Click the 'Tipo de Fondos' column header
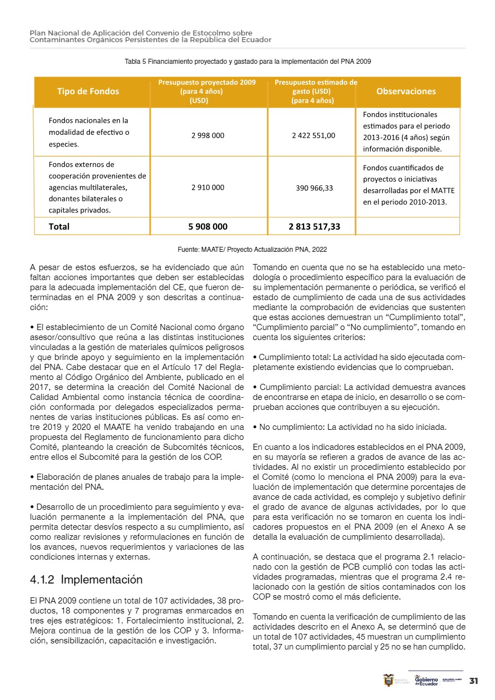click(88, 92)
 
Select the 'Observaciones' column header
click(406, 92)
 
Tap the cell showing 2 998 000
click(208, 135)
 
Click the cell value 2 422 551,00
click(313, 135)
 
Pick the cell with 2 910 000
click(208, 187)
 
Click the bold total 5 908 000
click(208, 226)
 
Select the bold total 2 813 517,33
click(314, 226)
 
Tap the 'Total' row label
click(59, 226)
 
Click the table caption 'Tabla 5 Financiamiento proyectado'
click(247, 62)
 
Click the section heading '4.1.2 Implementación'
click(86, 580)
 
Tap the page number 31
click(474, 681)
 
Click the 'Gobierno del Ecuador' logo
click(426, 681)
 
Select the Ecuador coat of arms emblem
click(388, 680)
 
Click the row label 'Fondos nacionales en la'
click(88, 120)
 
